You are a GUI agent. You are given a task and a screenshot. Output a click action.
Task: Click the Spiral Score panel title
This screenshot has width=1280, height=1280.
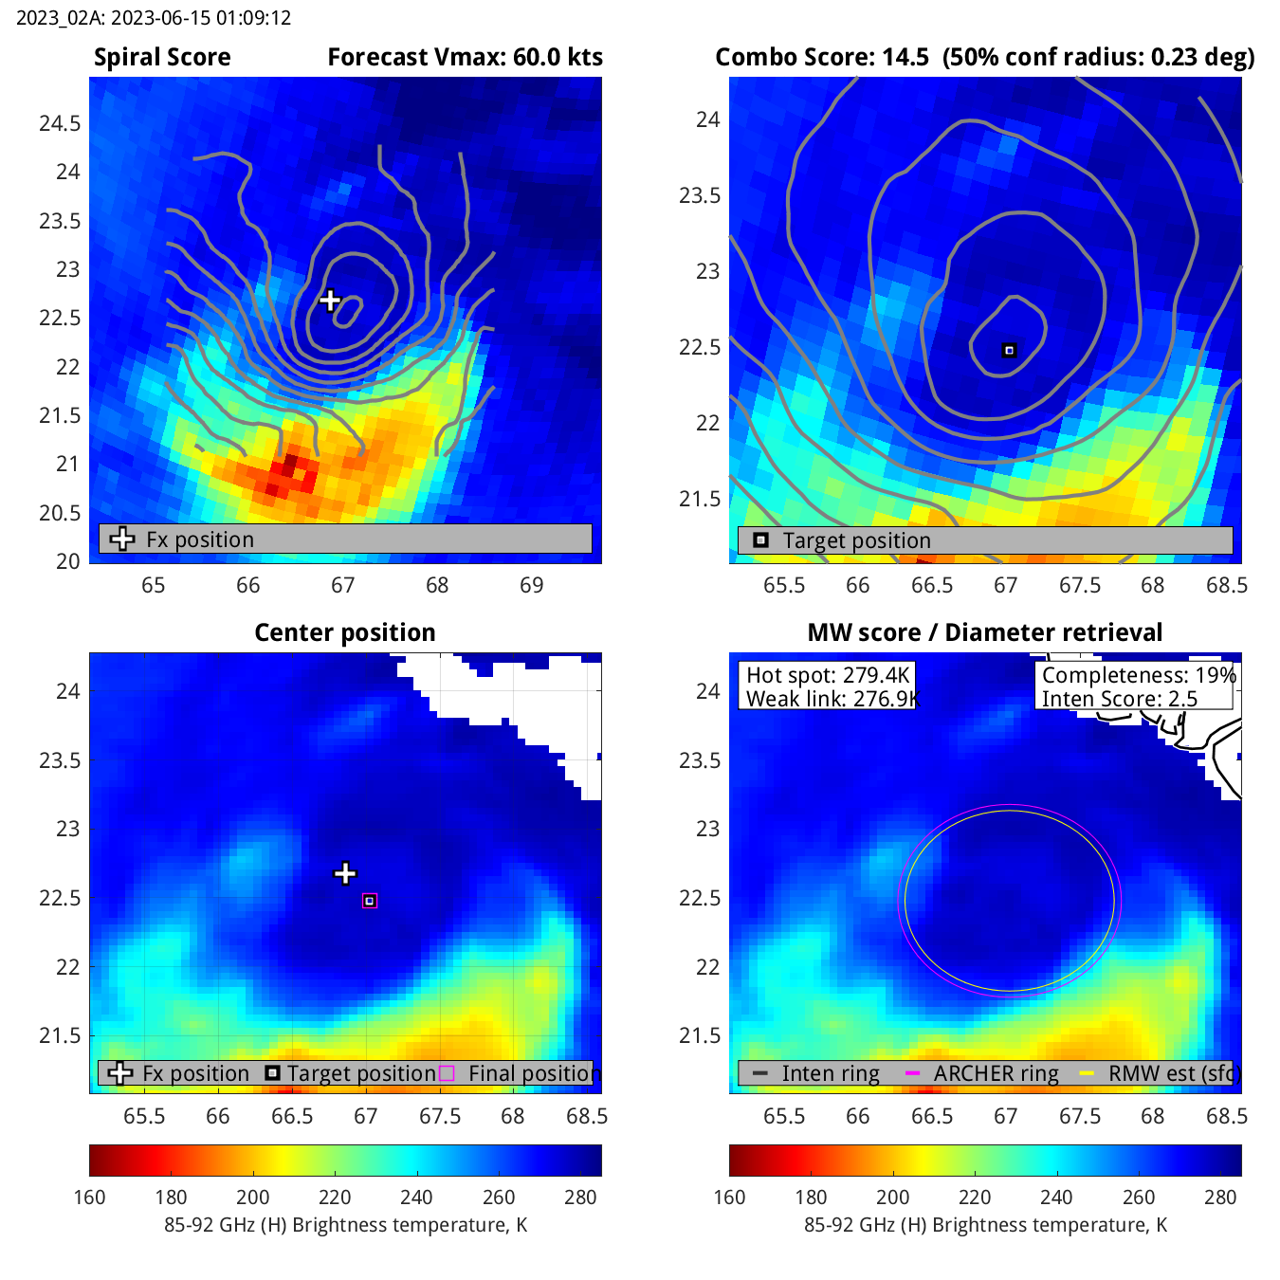click(162, 58)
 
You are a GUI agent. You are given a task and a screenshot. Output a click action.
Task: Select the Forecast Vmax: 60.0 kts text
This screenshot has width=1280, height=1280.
click(465, 58)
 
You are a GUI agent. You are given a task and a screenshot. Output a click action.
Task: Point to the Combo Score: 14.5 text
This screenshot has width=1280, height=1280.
click(822, 58)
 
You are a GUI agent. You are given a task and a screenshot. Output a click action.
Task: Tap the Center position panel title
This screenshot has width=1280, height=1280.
click(345, 632)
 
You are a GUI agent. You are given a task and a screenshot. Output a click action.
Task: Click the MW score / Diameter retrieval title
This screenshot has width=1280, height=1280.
click(984, 632)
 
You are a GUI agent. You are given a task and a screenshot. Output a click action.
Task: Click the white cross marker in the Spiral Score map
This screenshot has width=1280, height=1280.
click(330, 301)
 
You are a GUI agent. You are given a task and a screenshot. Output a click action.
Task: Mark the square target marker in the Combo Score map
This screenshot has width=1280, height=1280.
click(1010, 351)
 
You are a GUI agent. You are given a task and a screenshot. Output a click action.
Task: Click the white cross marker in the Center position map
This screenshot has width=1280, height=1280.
click(345, 873)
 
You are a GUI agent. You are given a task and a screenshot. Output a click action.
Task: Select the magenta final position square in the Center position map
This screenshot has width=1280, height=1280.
click(370, 901)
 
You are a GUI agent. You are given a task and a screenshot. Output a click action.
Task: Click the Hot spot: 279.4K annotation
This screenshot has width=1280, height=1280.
click(828, 675)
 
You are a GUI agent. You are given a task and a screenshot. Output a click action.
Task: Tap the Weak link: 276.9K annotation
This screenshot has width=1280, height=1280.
click(832, 699)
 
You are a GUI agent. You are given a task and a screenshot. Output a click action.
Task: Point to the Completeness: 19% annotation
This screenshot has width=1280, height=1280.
click(1139, 675)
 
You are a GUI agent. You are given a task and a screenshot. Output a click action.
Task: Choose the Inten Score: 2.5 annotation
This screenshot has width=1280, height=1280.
click(1120, 699)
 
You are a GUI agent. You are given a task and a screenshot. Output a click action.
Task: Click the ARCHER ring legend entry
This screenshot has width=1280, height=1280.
click(996, 1073)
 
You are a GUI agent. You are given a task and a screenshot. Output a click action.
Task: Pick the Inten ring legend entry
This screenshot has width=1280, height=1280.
click(830, 1073)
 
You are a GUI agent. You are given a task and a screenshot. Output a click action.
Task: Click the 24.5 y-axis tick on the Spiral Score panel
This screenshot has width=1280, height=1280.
click(60, 124)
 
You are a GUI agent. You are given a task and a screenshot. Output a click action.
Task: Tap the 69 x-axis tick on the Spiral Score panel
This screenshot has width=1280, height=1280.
click(532, 585)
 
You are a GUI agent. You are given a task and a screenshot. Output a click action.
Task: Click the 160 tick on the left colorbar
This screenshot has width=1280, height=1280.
click(90, 1198)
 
